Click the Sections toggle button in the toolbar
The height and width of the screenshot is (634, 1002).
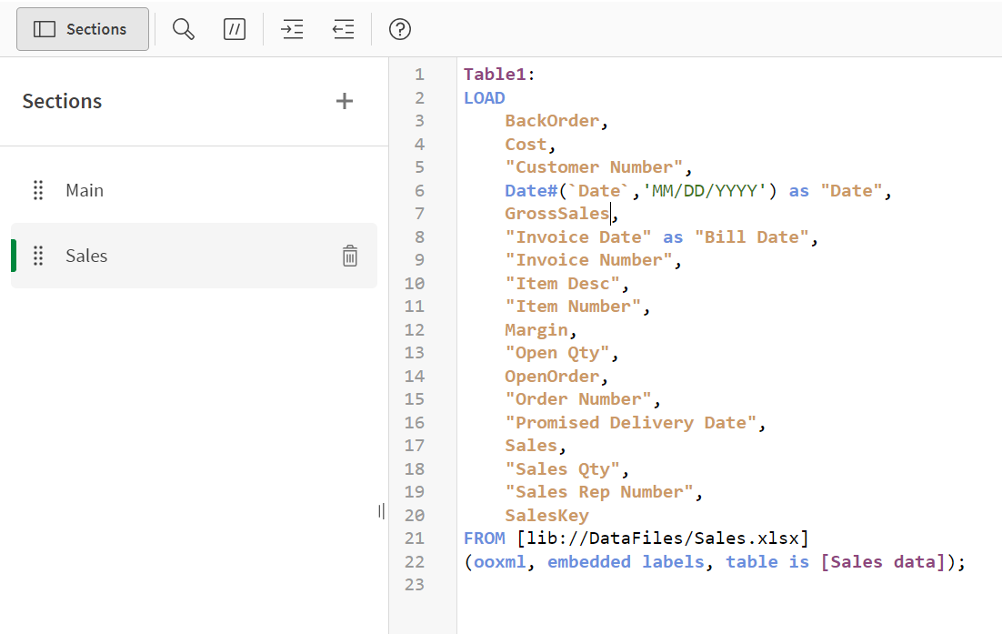[x=83, y=29]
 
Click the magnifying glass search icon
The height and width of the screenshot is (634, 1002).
[x=184, y=29]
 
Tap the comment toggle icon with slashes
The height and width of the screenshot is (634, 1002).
[x=235, y=29]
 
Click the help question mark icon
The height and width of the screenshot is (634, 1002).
[x=400, y=29]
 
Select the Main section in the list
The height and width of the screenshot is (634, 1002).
[x=85, y=190]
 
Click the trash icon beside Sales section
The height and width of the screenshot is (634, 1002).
[x=349, y=256]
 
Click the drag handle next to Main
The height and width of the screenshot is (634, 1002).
[x=38, y=190]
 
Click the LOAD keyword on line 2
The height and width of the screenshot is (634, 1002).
[x=485, y=98]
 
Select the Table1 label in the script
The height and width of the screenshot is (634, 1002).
[x=495, y=75]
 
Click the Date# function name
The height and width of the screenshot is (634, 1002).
[x=531, y=190]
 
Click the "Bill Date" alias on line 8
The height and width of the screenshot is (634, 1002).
[x=751, y=237]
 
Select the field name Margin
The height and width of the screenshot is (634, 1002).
[x=536, y=330]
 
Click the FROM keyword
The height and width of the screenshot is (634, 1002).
[x=485, y=538]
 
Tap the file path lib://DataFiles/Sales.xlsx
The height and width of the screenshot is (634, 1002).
[x=663, y=538]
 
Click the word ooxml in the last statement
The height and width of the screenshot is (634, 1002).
[x=500, y=562]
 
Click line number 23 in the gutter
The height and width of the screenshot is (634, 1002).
[x=414, y=585]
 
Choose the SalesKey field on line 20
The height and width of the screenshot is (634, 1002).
[x=546, y=515]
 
